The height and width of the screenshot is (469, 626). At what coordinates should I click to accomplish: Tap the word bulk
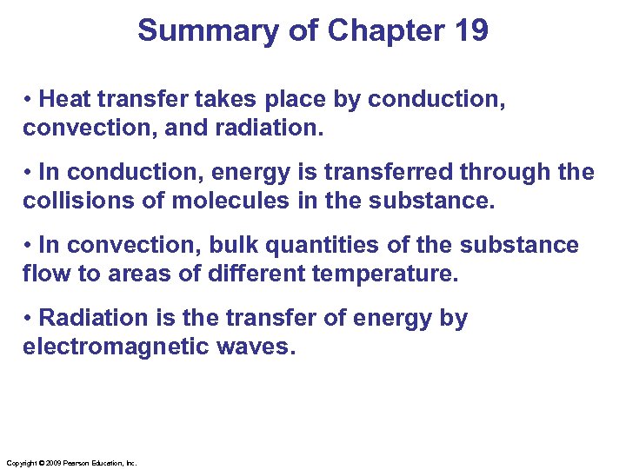tap(236, 246)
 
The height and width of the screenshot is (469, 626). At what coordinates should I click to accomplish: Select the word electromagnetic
tap(116, 348)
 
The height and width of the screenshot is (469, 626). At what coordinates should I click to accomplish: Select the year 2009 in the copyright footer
tap(49, 463)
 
